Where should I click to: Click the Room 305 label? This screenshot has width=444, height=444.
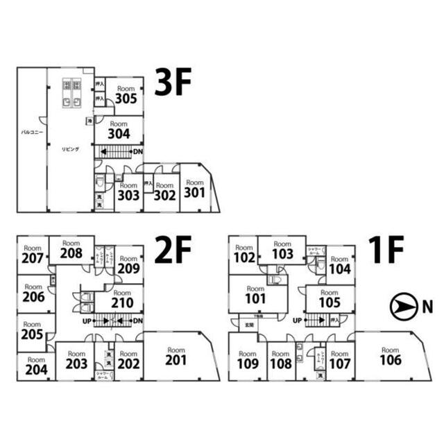click(x=126, y=94)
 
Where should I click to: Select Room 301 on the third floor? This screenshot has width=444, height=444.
click(x=195, y=188)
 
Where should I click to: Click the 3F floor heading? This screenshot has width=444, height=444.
click(x=172, y=83)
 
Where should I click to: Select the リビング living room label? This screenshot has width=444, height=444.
click(x=71, y=149)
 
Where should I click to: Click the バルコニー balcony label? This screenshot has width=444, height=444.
click(x=32, y=131)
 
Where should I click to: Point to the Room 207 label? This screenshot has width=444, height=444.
click(x=32, y=255)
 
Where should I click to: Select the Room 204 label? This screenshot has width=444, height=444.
click(x=36, y=366)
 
